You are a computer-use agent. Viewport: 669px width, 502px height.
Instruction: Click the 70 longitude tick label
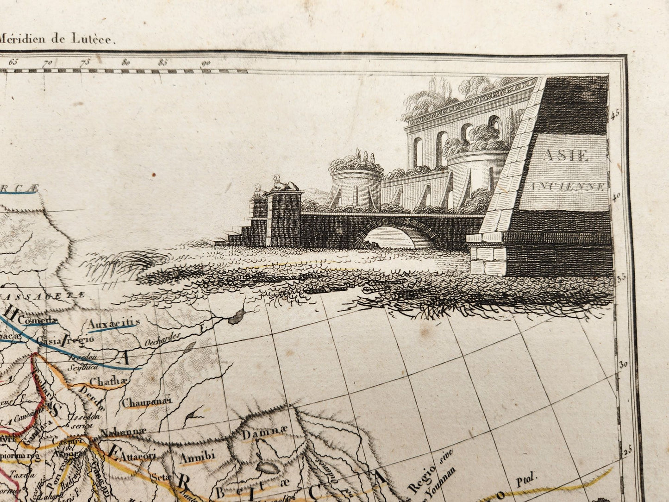point(46,63)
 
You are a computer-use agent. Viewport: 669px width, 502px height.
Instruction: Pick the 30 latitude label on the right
point(623,364)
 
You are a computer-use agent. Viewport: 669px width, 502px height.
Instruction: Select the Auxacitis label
point(114,323)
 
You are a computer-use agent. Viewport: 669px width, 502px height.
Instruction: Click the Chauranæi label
point(146,402)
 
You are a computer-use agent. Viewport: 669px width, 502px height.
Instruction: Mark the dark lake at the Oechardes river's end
point(238,315)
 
